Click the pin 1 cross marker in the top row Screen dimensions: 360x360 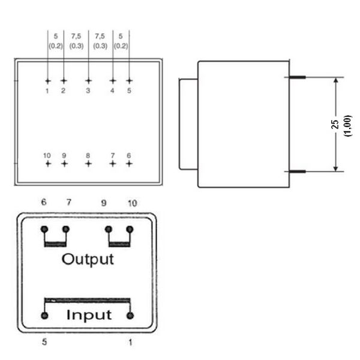point(48,80)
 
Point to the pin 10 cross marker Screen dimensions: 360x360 point(48,163)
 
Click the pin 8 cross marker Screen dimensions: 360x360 point(88,163)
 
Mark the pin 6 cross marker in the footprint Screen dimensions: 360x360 point(128,163)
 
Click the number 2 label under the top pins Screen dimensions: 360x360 point(63,91)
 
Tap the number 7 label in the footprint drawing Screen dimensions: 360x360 point(112,155)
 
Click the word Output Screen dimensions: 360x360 point(88,259)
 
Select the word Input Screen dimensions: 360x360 point(88,314)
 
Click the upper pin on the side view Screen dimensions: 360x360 point(298,77)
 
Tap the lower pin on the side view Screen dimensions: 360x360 point(298,171)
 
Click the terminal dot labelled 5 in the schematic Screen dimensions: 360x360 point(44,316)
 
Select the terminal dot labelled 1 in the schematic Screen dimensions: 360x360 point(130,316)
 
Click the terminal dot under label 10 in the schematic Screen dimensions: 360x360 point(130,229)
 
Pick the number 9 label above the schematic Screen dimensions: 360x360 point(104,203)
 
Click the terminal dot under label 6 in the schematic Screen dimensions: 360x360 point(44,229)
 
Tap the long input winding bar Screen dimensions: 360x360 point(88,299)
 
